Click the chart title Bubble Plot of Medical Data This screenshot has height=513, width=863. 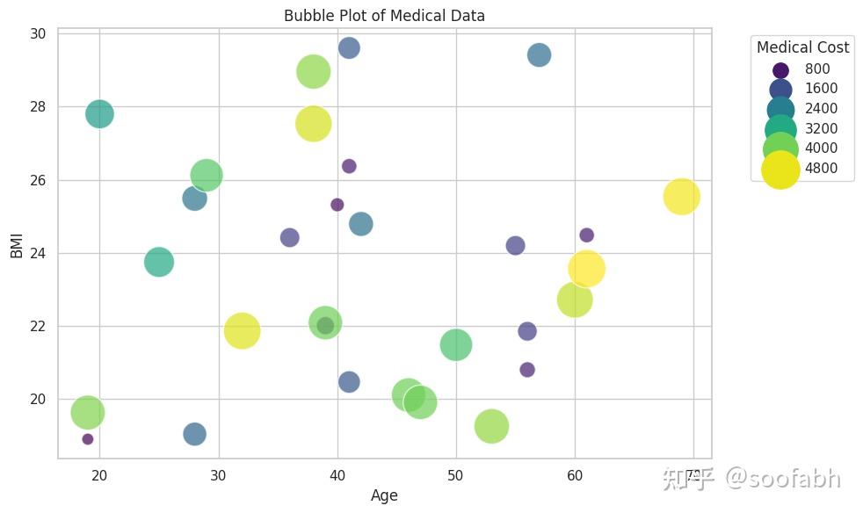click(x=384, y=16)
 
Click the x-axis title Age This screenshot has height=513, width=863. click(x=384, y=495)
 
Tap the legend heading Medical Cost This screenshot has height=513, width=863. click(x=802, y=47)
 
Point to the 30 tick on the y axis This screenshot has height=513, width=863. click(x=38, y=33)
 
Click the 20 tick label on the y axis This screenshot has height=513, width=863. click(x=38, y=399)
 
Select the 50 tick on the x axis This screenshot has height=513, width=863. click(x=455, y=475)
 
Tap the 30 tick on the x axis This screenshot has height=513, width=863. click(x=218, y=475)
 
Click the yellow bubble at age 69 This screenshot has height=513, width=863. click(x=681, y=197)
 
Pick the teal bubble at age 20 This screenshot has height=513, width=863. click(x=99, y=113)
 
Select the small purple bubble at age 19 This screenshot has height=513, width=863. click(x=88, y=439)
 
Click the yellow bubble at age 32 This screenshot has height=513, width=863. click(x=242, y=331)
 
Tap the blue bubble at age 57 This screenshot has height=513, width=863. click(x=539, y=54)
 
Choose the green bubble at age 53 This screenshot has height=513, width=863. click(x=491, y=426)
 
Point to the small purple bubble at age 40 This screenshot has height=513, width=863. click(x=337, y=205)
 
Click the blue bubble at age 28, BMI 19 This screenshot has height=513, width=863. click(x=194, y=434)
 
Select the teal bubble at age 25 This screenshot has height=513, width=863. click(x=158, y=262)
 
